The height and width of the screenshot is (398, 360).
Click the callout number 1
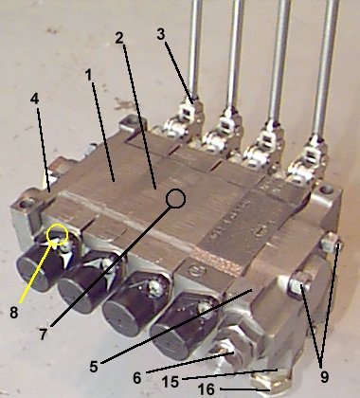[89, 75]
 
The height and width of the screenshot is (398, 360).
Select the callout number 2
[119, 39]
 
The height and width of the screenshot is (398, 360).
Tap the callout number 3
[161, 34]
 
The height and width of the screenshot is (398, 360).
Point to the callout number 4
[34, 99]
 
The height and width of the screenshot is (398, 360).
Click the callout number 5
[94, 367]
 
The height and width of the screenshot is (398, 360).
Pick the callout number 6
[137, 378]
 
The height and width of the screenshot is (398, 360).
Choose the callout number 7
[44, 335]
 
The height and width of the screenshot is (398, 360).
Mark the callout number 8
[14, 313]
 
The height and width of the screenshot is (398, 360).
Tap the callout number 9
[324, 376]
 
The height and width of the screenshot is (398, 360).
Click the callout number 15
[171, 382]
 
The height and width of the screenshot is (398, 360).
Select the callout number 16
[207, 389]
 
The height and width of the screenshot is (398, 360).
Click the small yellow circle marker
[57, 234]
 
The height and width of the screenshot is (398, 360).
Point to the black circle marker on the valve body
[175, 199]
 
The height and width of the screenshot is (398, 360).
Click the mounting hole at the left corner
[26, 203]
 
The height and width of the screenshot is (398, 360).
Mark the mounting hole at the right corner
[327, 190]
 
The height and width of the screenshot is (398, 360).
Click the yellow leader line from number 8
[37, 269]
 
